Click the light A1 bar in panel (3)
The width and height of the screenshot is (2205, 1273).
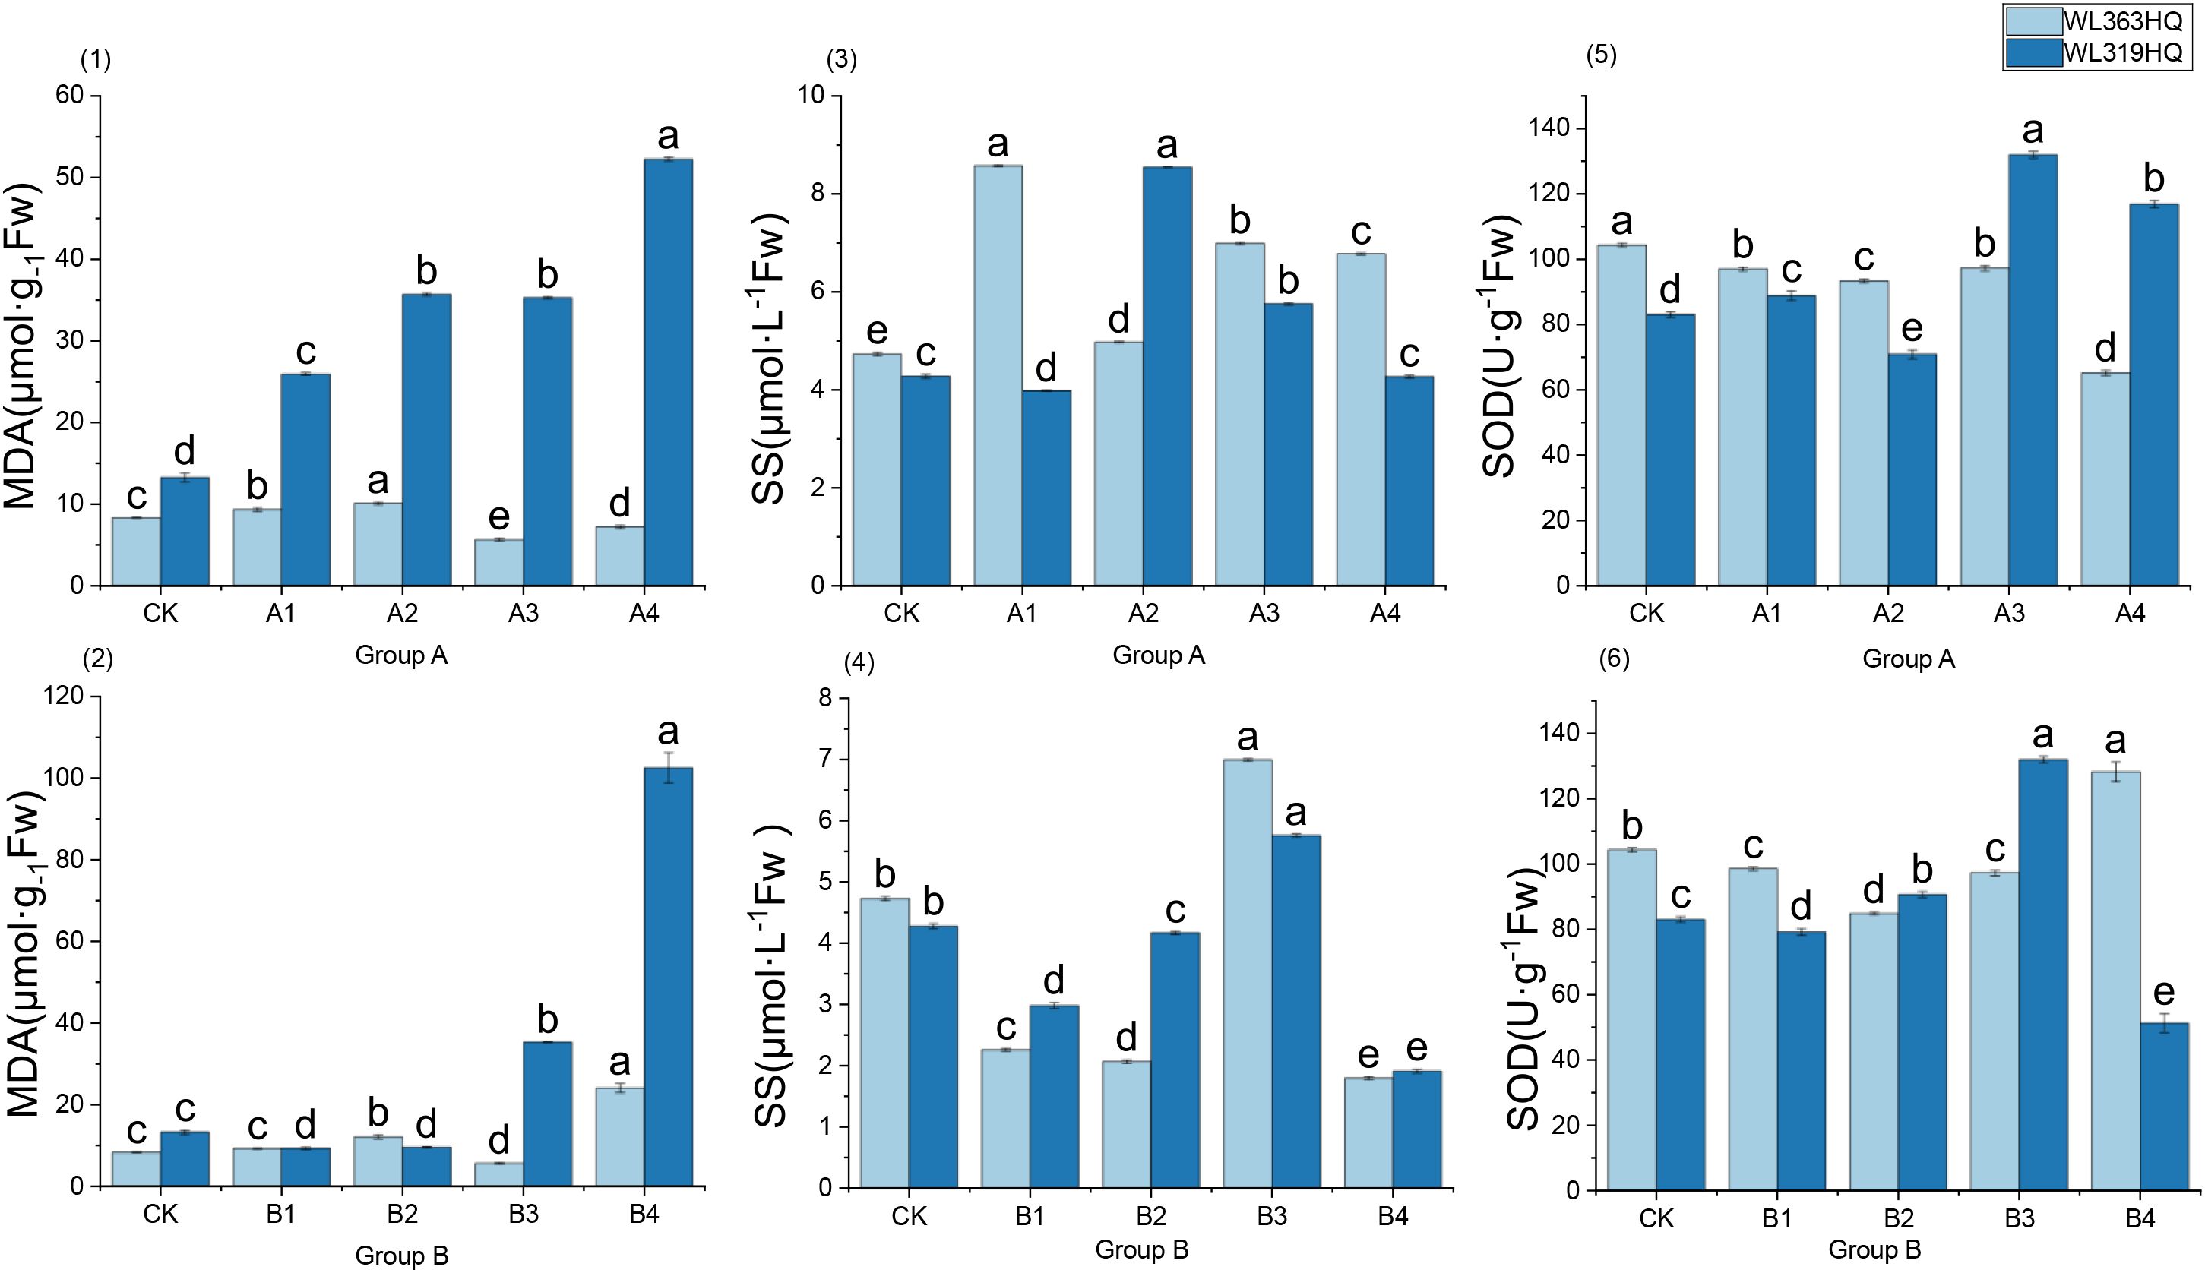click(997, 375)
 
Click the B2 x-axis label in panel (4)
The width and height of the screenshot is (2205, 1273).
click(1151, 1216)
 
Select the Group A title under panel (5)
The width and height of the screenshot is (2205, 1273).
click(1908, 659)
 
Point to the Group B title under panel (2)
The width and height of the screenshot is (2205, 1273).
click(401, 1256)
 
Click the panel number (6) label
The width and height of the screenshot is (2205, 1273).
click(1614, 659)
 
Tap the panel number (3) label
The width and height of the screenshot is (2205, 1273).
click(841, 59)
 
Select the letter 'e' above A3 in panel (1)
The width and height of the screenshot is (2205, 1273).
click(498, 516)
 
